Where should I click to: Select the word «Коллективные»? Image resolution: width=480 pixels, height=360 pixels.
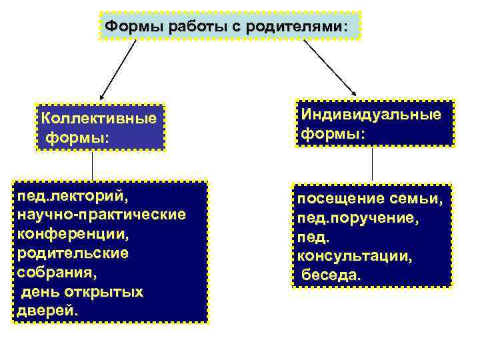pyautogui.click(x=99, y=119)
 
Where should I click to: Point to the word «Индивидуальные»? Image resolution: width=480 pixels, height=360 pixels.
pyautogui.click(x=371, y=114)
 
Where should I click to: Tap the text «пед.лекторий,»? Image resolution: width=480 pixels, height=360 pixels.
pyautogui.click(x=73, y=198)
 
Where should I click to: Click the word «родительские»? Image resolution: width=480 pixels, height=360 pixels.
pyautogui.click(x=73, y=254)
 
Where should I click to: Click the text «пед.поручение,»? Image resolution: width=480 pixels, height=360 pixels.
pyautogui.click(x=358, y=217)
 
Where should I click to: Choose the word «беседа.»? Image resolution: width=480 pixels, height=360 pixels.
pyautogui.click(x=331, y=274)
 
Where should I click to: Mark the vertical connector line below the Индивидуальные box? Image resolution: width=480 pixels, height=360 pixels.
pyautogui.click(x=372, y=164)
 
